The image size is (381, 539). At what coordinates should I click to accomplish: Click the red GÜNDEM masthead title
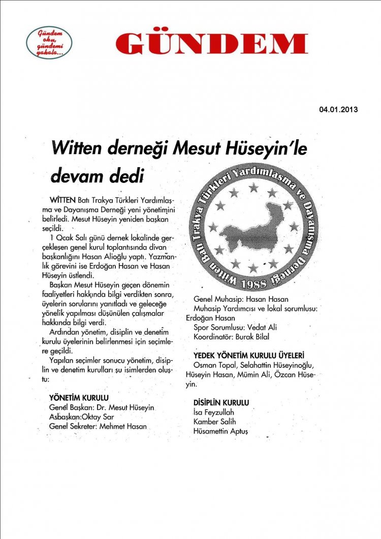[211, 44]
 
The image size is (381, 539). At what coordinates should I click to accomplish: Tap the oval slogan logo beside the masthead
[49, 42]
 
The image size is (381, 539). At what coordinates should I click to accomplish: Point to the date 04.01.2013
[339, 109]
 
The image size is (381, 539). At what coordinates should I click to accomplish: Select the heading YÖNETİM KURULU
[79, 397]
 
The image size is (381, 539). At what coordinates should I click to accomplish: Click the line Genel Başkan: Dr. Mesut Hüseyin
[102, 407]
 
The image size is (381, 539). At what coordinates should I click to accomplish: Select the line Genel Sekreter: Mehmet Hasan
[98, 427]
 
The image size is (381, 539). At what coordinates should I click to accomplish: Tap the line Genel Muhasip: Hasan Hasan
[241, 299]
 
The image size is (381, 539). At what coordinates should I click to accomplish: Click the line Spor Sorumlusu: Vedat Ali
[235, 327]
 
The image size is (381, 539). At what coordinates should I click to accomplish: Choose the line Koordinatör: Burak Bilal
[232, 336]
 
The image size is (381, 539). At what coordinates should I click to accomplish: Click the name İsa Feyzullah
[214, 412]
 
